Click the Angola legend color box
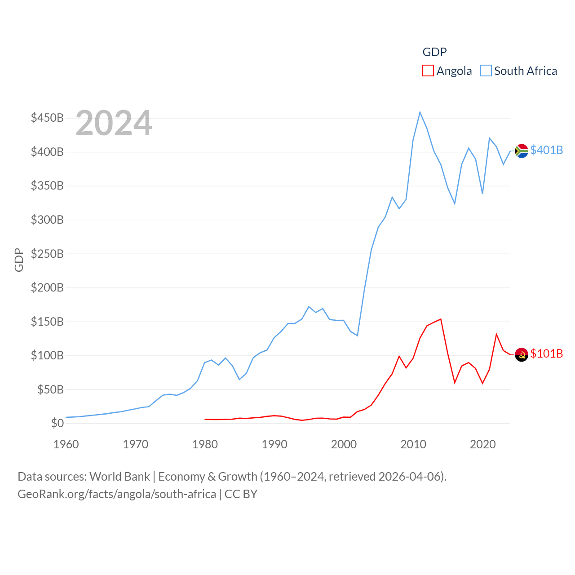428,71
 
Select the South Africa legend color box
486,71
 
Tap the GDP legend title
434,52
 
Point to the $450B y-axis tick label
47,118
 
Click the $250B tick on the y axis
47,254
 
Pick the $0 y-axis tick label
57,423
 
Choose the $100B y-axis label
47,355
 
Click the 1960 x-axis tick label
66,444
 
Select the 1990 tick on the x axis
274,444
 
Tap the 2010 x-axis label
413,444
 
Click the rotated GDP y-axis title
19,260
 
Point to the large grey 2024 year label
114,123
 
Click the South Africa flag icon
522,151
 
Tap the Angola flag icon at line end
522,354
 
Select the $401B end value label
546,150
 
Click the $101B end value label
546,354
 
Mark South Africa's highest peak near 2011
420,112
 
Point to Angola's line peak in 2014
441,319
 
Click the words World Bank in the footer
119,476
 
